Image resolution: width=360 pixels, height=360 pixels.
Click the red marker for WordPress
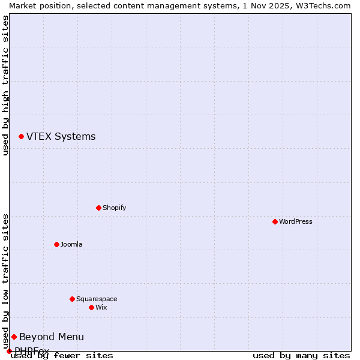(x=275, y=221)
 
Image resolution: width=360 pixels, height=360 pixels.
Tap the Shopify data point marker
(x=98, y=208)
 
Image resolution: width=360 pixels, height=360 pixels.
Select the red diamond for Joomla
(x=56, y=244)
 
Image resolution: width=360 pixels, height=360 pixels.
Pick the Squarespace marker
(x=72, y=299)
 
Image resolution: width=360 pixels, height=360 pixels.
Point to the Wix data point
(x=91, y=307)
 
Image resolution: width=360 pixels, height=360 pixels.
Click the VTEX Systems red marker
(x=21, y=137)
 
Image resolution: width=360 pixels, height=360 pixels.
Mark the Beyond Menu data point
(x=14, y=337)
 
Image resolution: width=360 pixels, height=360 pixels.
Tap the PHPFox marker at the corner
(x=9, y=351)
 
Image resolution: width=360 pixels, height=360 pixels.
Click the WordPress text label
(x=296, y=221)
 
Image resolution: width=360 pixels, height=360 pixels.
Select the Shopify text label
(x=114, y=208)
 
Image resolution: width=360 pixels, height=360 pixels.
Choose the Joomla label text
(x=71, y=244)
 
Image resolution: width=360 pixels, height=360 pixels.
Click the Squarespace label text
(x=97, y=299)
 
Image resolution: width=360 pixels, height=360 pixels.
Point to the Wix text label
(x=101, y=307)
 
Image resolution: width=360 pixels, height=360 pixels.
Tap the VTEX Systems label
(x=61, y=136)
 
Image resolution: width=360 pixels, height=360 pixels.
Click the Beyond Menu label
(x=52, y=337)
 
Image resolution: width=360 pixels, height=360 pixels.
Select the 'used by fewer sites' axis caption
(x=62, y=355)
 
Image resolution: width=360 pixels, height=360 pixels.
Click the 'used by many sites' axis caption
(x=301, y=355)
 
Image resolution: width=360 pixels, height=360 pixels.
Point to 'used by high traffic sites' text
(x=5, y=85)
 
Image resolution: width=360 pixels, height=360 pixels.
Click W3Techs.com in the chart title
(x=322, y=5)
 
